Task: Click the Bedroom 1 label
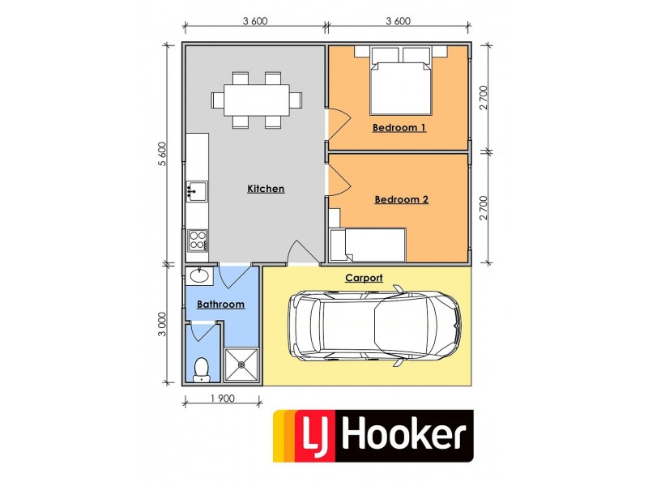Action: pyautogui.click(x=399, y=128)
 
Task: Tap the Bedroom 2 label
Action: pyautogui.click(x=401, y=199)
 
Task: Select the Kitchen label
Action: pyautogui.click(x=266, y=189)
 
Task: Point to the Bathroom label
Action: pyautogui.click(x=220, y=305)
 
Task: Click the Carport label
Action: pyautogui.click(x=364, y=277)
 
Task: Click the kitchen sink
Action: pyautogui.click(x=195, y=191)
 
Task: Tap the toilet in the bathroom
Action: pyautogui.click(x=202, y=369)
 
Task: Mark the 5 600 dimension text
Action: pyautogui.click(x=162, y=154)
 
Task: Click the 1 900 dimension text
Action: pyautogui.click(x=222, y=399)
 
